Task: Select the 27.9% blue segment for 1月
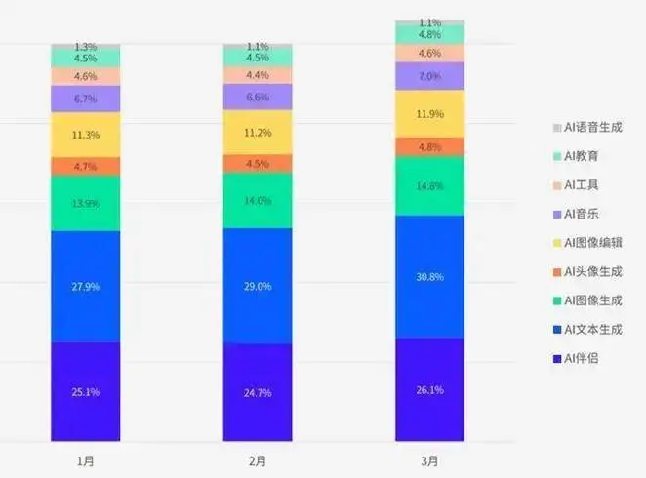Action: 86,286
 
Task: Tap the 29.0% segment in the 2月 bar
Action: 258,286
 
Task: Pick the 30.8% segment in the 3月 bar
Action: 429,277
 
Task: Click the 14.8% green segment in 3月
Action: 429,185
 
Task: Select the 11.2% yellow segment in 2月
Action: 258,132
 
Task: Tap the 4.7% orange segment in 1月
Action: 86,167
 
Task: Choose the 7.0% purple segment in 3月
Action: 429,76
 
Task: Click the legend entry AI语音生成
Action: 592,127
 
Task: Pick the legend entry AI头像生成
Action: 592,271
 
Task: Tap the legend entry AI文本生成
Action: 592,329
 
